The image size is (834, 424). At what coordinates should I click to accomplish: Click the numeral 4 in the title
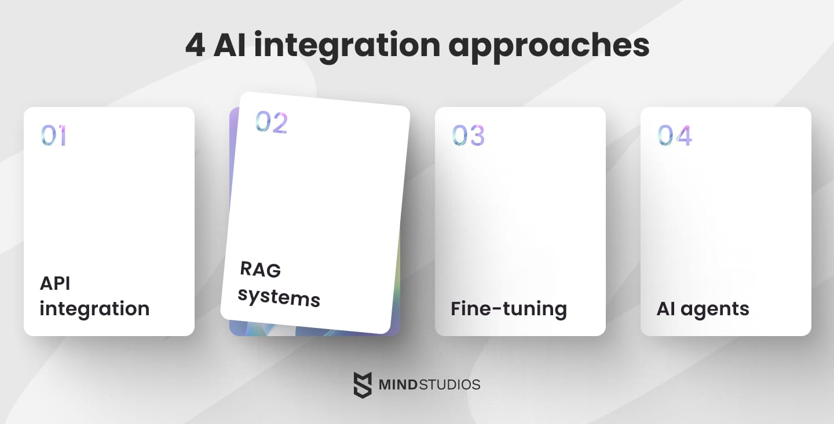coord(195,45)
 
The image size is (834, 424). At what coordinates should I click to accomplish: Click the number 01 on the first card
coord(53,136)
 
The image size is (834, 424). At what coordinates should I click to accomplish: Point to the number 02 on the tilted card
coord(272,122)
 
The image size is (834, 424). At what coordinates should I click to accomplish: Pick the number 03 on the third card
coord(468,136)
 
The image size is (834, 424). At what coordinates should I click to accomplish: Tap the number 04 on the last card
coord(675,136)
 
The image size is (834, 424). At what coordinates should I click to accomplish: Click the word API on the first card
coord(55,283)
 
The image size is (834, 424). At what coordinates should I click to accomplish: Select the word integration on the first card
coord(94,309)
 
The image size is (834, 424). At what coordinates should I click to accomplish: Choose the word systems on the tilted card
coord(279,297)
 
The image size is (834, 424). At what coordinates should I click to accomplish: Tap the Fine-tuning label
coord(509,309)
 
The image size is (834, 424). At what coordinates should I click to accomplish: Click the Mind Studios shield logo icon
coord(363,385)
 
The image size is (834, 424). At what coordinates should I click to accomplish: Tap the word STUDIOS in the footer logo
coord(452,385)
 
